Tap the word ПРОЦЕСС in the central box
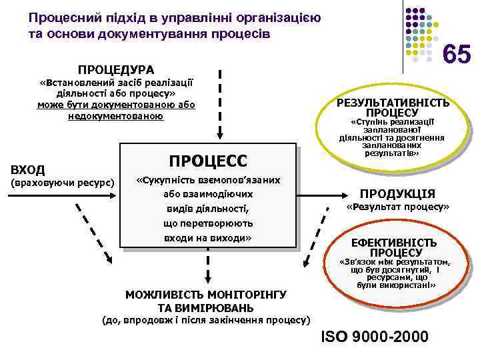pos(207,161)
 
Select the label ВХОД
pos(28,169)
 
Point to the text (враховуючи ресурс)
pos(61,183)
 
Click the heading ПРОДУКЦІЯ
pos(397,194)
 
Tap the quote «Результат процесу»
pos(398,208)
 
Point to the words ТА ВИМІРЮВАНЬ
pos(205,307)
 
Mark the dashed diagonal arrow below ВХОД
pos(93,233)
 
